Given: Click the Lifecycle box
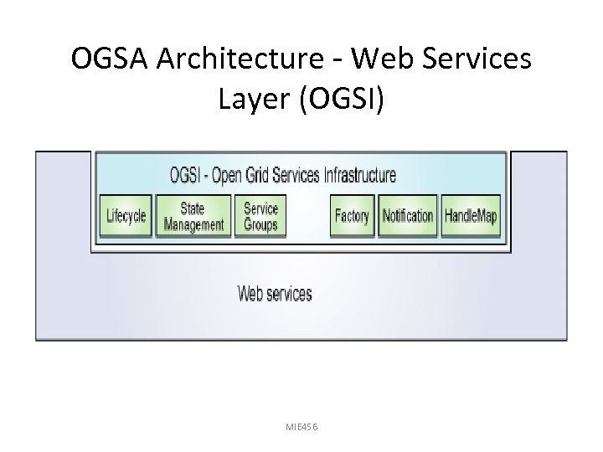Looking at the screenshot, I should [126, 216].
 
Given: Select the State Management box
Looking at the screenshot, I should [193, 216].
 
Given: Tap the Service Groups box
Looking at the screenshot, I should [260, 216].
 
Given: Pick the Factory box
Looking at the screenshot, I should [352, 216].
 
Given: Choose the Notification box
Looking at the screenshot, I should [408, 216].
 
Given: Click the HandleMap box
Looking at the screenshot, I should [471, 216].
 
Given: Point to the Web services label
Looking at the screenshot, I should [275, 294].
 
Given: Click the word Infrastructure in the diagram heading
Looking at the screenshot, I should [359, 176].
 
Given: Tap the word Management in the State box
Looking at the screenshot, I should [193, 224].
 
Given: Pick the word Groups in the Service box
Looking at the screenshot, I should [260, 224].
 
